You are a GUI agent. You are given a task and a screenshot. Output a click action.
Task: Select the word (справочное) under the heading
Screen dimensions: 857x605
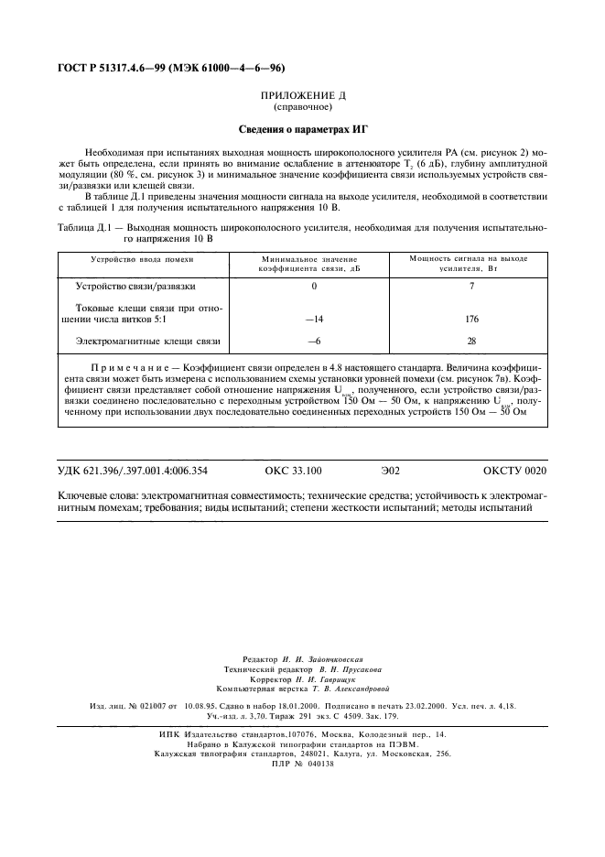pyautogui.click(x=301, y=106)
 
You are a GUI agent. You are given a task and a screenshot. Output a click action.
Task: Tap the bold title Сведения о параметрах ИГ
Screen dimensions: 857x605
pyautogui.click(x=301, y=128)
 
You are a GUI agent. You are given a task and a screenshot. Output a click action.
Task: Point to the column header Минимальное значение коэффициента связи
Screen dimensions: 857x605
pyautogui.click(x=302, y=265)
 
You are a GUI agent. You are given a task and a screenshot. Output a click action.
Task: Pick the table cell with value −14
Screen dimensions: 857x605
pyautogui.click(x=315, y=320)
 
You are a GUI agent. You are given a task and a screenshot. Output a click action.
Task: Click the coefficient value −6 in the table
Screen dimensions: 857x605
pyautogui.click(x=315, y=342)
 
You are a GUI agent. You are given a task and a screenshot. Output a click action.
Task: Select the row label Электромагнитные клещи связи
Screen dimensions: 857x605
pyautogui.click(x=147, y=342)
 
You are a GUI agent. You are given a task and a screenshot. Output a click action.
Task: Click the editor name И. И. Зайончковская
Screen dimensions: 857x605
pyautogui.click(x=329, y=659)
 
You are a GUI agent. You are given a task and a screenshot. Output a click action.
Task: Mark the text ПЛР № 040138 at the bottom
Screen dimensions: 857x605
pyautogui.click(x=303, y=763)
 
